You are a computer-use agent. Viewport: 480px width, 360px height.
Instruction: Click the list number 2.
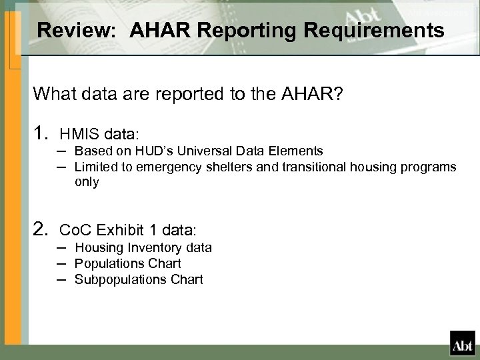(x=41, y=229)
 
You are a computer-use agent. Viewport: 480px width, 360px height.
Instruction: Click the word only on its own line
(x=87, y=182)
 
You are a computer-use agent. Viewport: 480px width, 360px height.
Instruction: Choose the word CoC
(x=75, y=230)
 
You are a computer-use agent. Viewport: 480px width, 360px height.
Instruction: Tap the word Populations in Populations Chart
(x=107, y=263)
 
